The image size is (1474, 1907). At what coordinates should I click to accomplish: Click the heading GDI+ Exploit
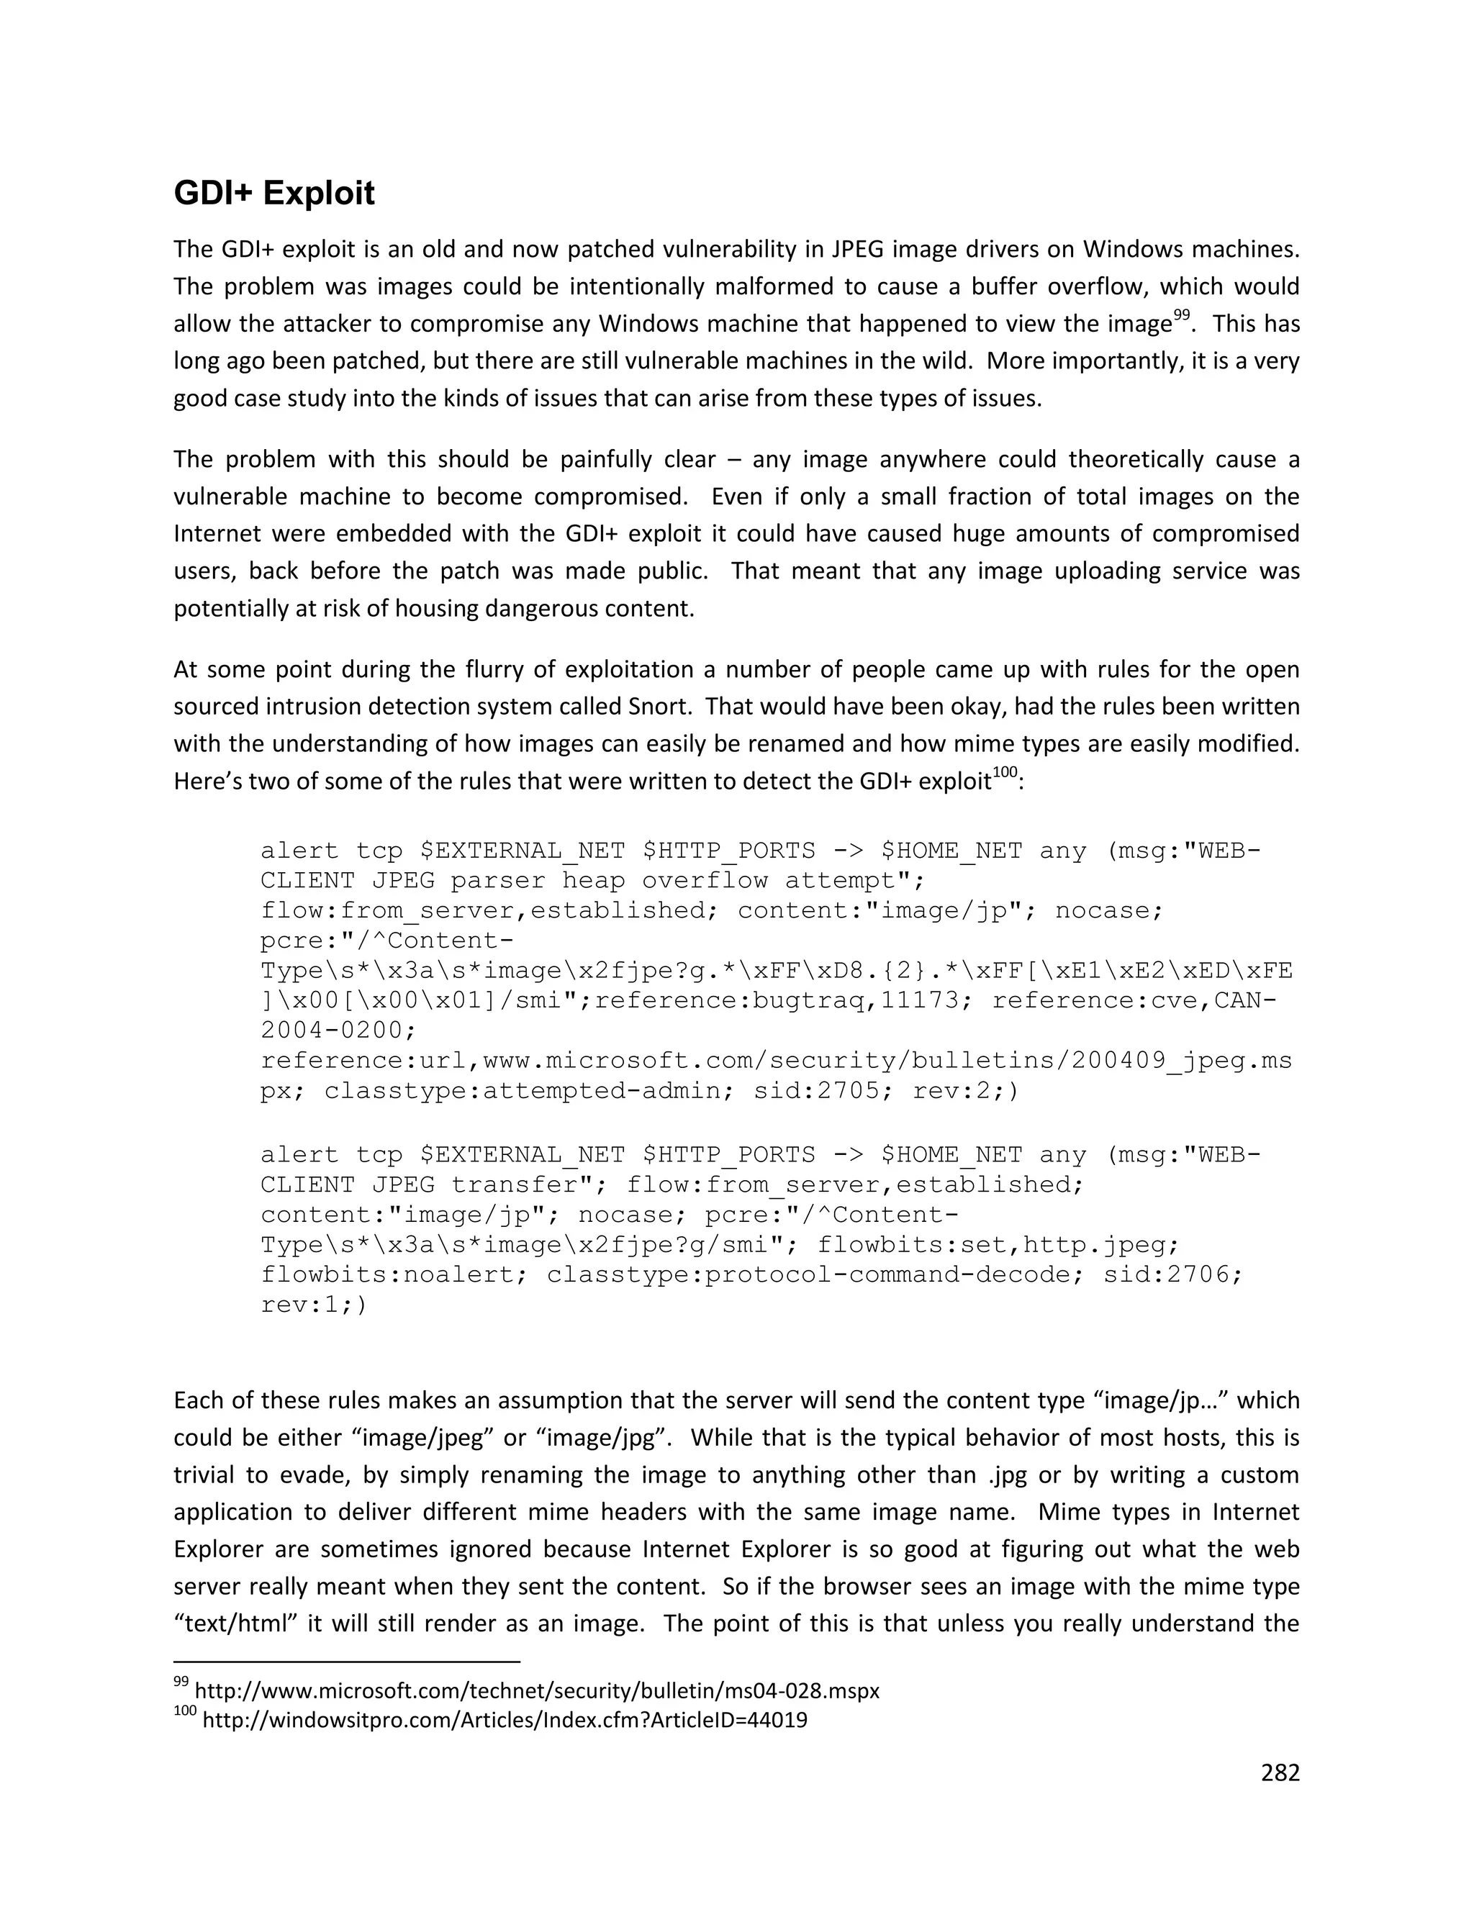(274, 193)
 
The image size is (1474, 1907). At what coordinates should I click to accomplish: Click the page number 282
(1280, 1772)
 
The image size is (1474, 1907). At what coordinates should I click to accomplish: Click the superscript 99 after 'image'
(1182, 315)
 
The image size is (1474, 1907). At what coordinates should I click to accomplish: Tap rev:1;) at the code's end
(315, 1305)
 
